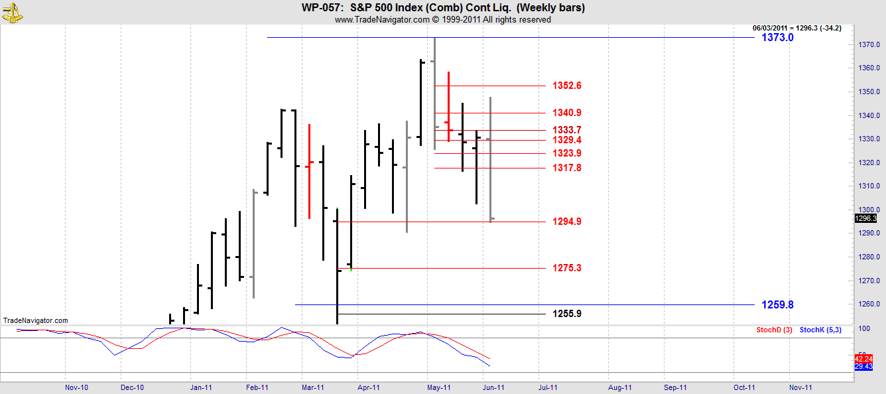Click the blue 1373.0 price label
(777, 38)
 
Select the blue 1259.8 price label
(777, 305)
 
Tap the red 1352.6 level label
(567, 86)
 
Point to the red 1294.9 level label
(567, 222)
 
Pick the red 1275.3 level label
(567, 268)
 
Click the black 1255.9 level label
(567, 314)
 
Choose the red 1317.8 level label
(567, 168)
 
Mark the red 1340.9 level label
(567, 113)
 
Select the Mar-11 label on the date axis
(312, 387)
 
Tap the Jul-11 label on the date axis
(548, 387)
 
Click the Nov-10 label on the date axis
(77, 387)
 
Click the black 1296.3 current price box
(866, 218)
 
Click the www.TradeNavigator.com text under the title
(382, 20)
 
